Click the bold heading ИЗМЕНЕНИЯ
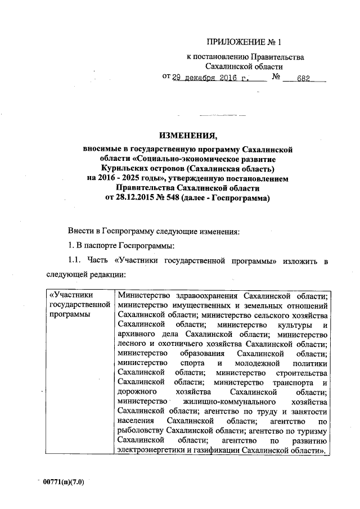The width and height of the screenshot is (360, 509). [188, 136]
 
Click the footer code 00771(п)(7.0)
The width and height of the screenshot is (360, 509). [67, 482]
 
